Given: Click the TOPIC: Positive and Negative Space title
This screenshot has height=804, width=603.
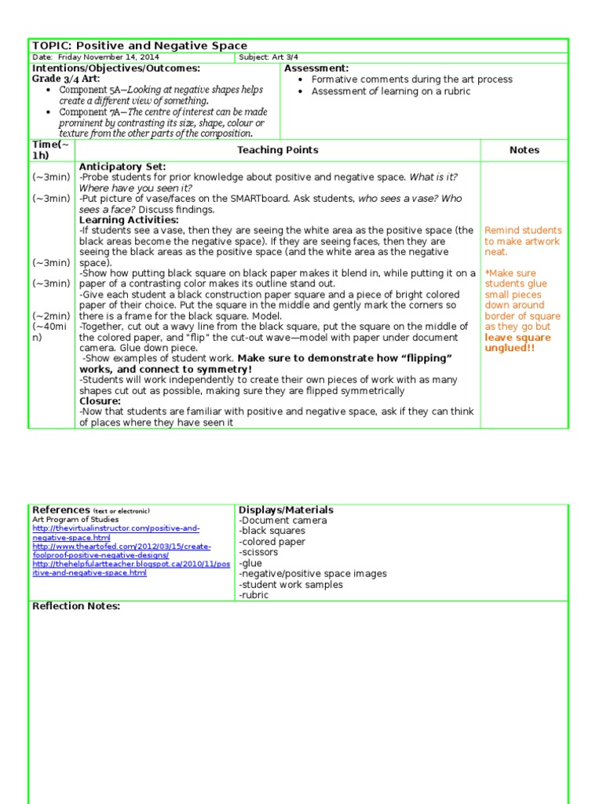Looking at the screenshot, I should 139,46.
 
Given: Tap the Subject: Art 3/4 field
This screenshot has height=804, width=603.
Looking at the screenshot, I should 268,58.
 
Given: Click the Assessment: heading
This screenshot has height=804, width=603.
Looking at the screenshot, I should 316,69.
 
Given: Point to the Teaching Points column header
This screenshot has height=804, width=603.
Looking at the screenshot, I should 278,150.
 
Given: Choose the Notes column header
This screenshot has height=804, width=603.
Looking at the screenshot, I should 524,150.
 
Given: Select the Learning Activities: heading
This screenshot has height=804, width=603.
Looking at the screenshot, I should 129,220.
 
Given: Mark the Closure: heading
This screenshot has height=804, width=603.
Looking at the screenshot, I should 100,401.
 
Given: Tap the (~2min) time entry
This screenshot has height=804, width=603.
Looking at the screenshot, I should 51,316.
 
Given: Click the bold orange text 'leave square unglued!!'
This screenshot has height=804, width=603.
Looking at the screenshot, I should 517,342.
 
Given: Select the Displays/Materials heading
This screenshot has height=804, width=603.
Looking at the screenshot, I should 286,510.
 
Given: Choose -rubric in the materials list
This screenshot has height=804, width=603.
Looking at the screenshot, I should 254,595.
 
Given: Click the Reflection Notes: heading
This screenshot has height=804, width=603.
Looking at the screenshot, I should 76,606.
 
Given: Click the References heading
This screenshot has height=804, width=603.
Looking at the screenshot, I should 61,510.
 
